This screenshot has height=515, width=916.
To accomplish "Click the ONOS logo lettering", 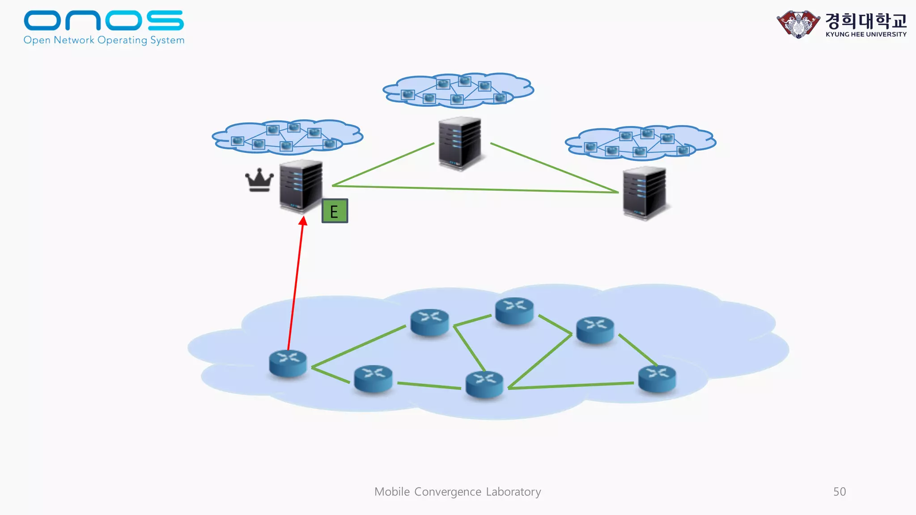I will [x=104, y=21].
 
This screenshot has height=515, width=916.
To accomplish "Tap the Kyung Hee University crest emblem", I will [x=798, y=24].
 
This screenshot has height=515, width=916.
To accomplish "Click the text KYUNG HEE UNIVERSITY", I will [x=866, y=34].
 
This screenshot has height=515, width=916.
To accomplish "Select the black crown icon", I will [x=259, y=180].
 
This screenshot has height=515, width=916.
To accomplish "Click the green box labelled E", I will [x=335, y=211].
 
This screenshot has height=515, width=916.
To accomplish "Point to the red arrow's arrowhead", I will [x=303, y=221].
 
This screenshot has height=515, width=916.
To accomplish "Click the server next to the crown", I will [x=301, y=186].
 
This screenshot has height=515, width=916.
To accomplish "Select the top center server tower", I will [x=460, y=143].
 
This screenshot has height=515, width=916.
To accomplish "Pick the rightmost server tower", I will [x=645, y=192].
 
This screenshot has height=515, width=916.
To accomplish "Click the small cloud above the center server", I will [x=458, y=90].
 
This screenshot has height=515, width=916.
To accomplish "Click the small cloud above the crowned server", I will [x=287, y=136].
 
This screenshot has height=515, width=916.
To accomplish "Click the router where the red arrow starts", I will [x=288, y=363].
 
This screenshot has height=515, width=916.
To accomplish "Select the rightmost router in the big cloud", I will [x=657, y=378].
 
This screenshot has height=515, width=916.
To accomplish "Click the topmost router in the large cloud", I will [x=514, y=310].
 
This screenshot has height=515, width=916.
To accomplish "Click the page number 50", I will [x=840, y=492].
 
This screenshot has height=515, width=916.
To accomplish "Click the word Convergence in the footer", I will [x=448, y=492].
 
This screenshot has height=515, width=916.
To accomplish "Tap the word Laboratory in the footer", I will [x=513, y=492].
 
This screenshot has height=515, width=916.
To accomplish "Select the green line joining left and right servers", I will [x=474, y=189].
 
